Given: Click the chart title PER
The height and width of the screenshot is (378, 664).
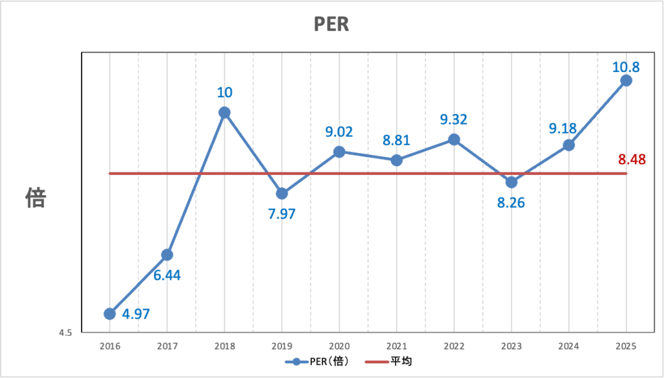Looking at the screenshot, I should point(331,25).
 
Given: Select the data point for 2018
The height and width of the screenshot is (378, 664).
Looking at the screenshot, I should point(224,112).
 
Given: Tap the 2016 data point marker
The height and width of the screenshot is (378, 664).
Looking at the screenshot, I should point(110,314).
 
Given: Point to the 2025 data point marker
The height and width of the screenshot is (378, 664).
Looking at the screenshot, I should point(626,80).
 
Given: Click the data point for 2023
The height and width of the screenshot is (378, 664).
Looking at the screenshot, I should point(512,182).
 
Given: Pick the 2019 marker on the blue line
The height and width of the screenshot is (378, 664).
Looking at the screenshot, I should point(282,193).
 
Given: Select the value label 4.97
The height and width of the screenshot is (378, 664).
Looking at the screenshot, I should point(136,314).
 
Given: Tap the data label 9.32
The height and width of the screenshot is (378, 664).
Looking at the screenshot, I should point(454,119).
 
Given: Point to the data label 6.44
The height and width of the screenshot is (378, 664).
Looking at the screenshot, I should point(167,275).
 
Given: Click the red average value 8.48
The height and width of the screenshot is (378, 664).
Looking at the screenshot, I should point(632,159).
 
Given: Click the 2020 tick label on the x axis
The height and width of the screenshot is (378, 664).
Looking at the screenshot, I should point(339,346).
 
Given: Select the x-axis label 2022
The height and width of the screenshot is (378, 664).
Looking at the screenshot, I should point(454,346).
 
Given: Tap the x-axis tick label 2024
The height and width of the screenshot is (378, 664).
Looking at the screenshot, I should point(569,346).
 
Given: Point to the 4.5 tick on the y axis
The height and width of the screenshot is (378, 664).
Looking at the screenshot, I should point(65,333).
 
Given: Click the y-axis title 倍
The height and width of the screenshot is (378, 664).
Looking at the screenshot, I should point(36,198).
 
